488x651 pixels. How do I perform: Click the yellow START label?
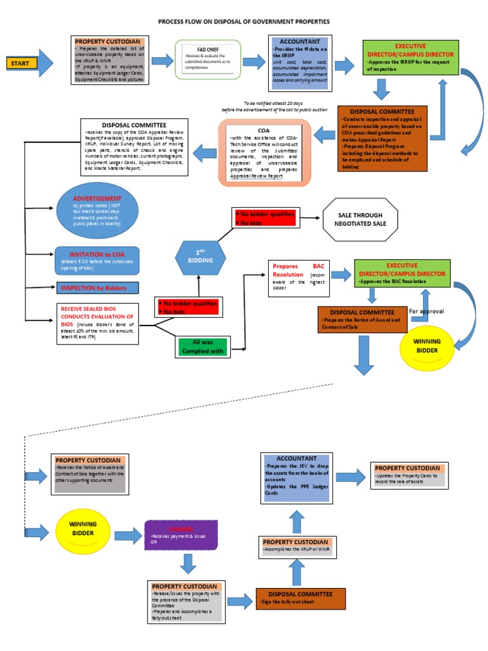[22, 63]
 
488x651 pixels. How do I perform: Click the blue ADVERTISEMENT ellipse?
[97, 210]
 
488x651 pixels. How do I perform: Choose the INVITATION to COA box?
[96, 258]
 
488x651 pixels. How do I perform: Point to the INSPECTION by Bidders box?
[97, 288]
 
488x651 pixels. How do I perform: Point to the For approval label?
[427, 312]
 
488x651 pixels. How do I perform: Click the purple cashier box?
[182, 536]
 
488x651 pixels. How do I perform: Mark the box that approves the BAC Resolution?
[398, 271]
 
